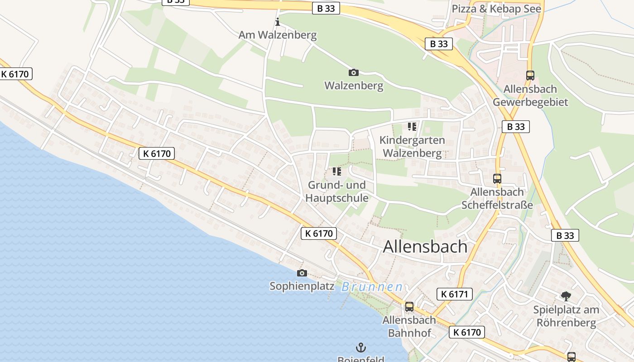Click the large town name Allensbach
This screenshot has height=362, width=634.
425,247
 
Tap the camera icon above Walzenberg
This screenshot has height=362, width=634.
354,72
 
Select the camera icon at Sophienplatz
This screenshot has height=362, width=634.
302,273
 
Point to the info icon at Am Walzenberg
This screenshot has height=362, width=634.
278,22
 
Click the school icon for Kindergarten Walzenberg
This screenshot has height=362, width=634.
412,127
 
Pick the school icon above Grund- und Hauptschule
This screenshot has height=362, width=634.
336,171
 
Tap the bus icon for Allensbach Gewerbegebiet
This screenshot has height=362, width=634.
530,76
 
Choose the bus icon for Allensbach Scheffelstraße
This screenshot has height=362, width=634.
497,179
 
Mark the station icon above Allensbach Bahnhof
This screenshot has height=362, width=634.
409,307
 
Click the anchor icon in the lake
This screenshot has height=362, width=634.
361,348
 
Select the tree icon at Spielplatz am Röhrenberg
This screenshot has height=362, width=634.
566,296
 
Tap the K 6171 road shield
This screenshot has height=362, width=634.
455,295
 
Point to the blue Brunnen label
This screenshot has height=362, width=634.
372,287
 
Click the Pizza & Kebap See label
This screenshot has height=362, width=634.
497,9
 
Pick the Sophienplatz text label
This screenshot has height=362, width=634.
302,286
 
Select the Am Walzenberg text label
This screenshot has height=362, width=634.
278,35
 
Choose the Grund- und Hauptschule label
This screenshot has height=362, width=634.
336,191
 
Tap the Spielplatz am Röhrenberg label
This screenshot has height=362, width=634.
566,316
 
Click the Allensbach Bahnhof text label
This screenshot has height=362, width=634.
409,326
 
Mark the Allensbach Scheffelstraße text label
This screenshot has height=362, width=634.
497,199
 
